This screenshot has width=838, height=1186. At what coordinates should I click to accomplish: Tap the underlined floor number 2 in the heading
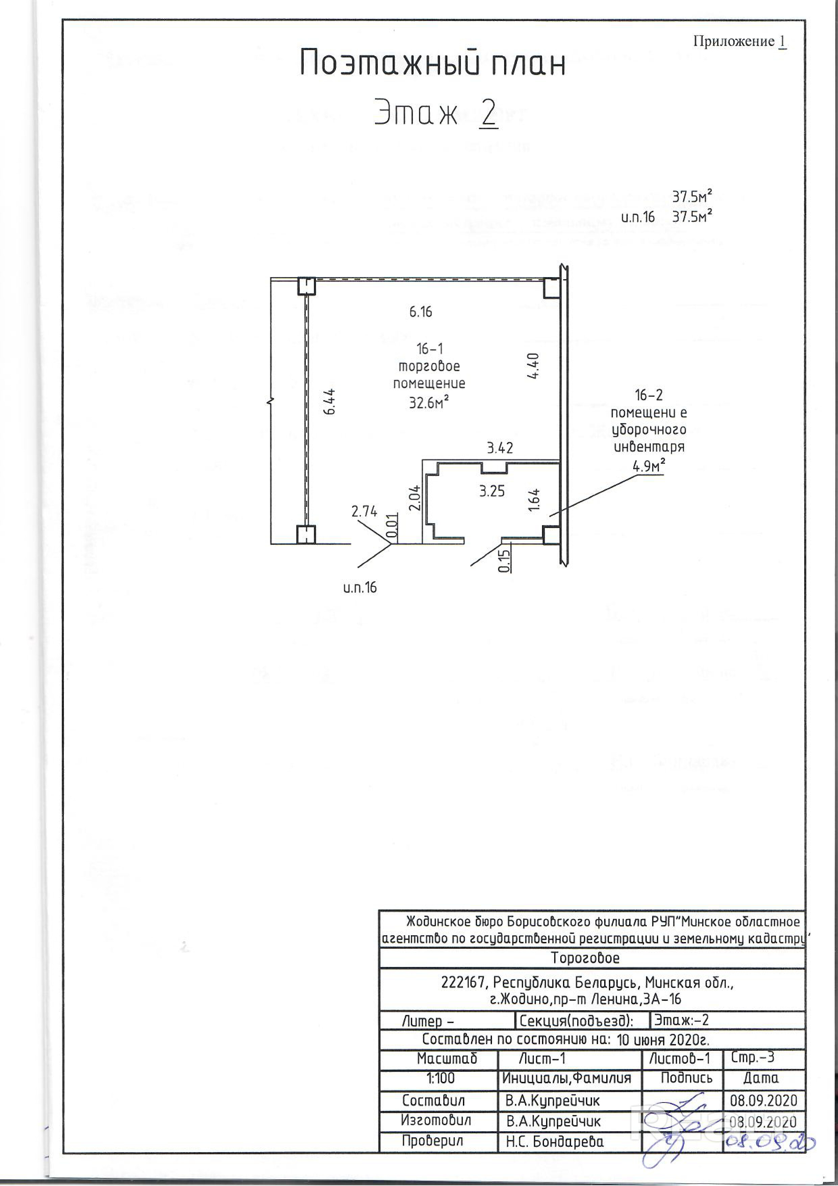click(x=487, y=112)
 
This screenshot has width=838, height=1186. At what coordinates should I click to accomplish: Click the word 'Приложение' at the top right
click(x=734, y=41)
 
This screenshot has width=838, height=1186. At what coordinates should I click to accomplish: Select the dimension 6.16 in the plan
click(x=420, y=312)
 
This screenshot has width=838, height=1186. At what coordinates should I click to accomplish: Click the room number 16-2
click(x=649, y=396)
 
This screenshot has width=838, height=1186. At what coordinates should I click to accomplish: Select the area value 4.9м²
click(x=648, y=466)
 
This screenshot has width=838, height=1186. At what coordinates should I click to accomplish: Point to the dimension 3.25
click(x=492, y=491)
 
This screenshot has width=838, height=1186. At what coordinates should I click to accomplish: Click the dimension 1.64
click(x=534, y=500)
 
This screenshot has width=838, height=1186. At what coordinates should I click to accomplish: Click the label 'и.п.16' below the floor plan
click(x=360, y=587)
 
